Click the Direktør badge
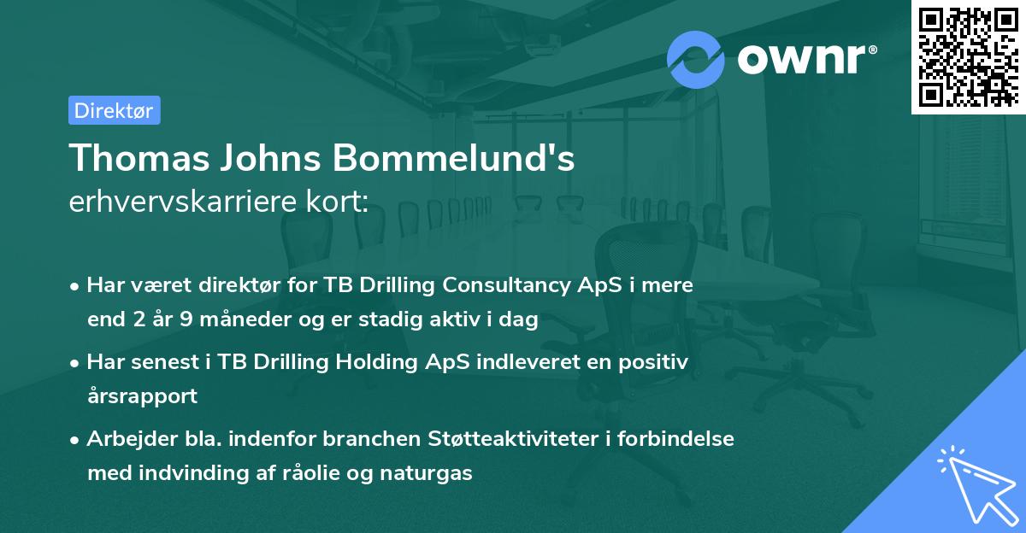click(x=114, y=111)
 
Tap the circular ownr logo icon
click(x=696, y=59)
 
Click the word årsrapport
click(x=142, y=396)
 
